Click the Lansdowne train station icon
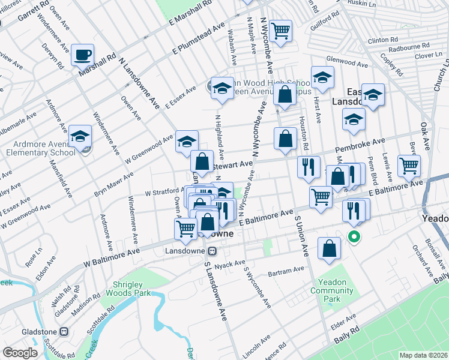click(x=212, y=251)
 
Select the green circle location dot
click(x=354, y=237)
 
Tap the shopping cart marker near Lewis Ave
click(x=409, y=165)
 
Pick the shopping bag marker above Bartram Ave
click(x=330, y=248)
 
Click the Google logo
click(x=20, y=353)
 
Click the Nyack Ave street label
click(x=231, y=263)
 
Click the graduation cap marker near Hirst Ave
click(x=323, y=78)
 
